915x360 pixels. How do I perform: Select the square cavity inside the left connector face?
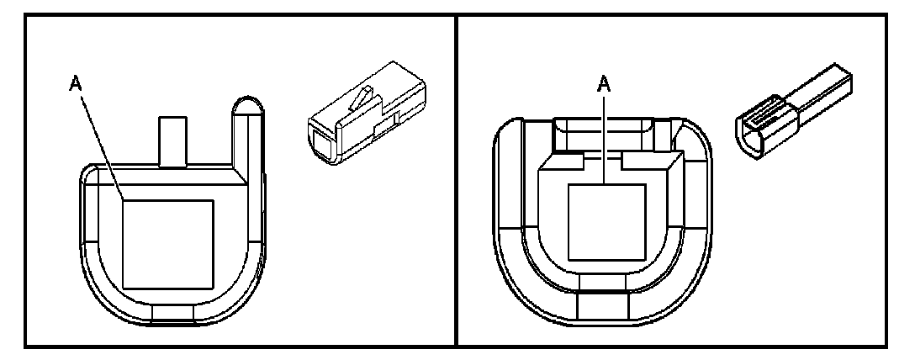point(168,243)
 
